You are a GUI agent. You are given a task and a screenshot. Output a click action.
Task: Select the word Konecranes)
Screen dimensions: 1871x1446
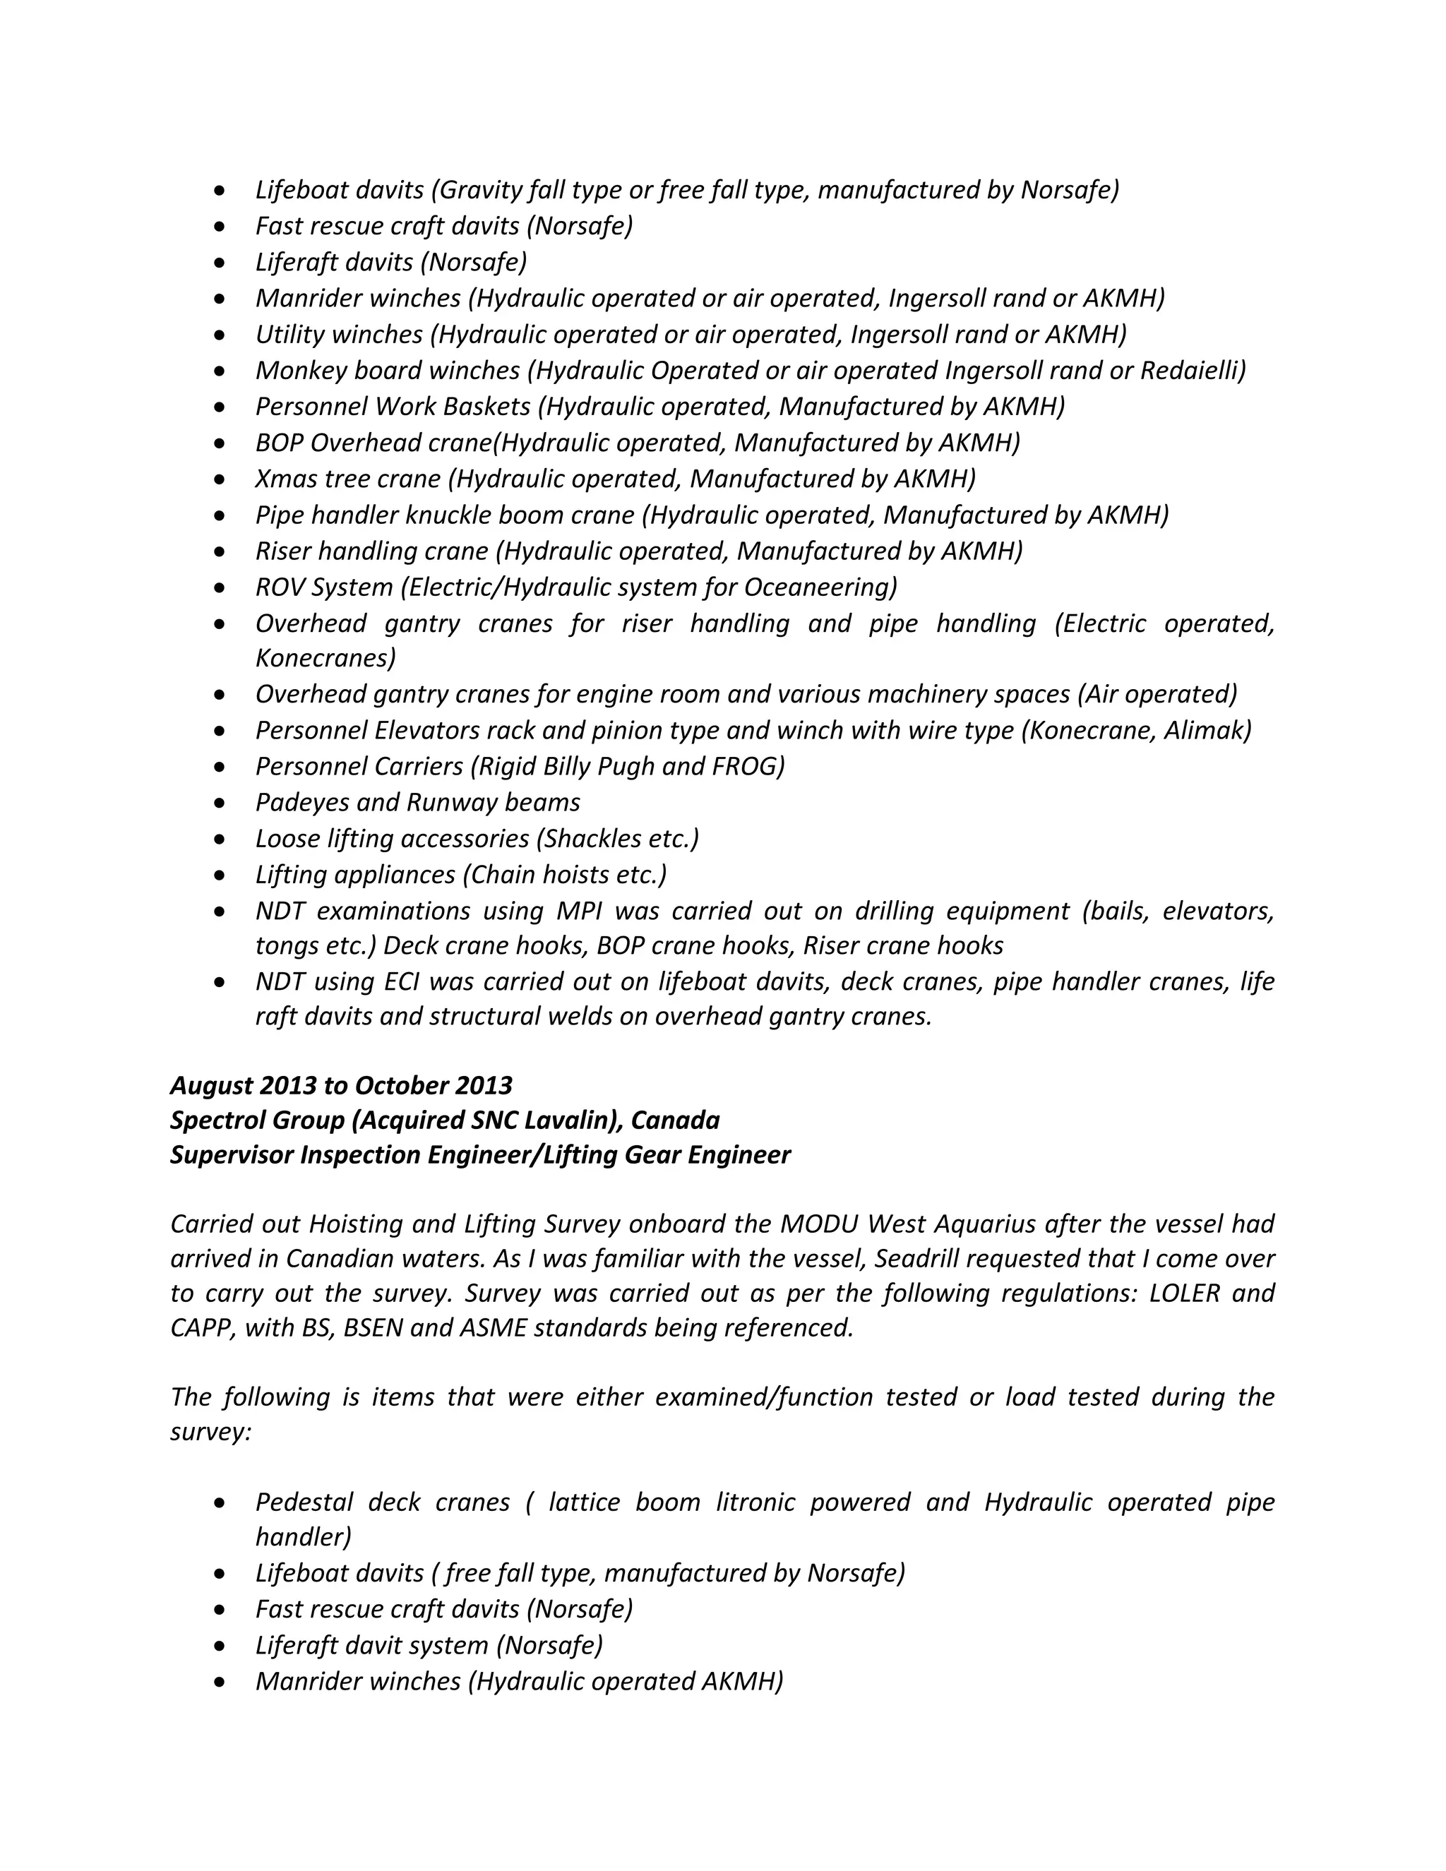(325, 658)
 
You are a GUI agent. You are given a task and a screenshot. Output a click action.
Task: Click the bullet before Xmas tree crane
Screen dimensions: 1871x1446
(221, 479)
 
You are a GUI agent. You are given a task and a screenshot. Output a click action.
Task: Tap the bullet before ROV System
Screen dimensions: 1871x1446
(221, 587)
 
